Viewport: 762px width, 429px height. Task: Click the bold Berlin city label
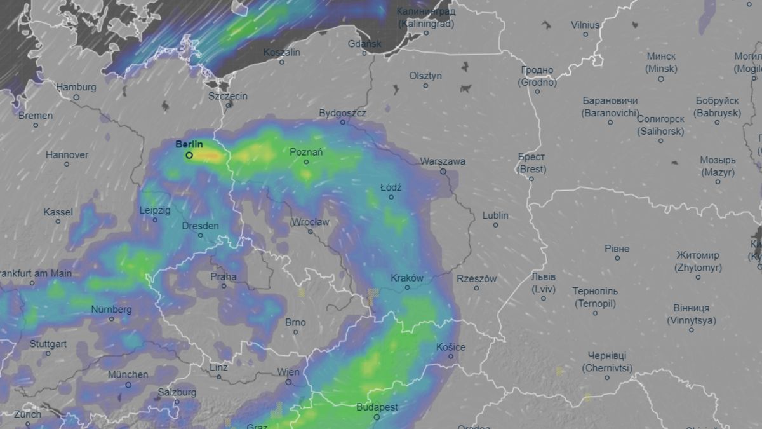[189, 144]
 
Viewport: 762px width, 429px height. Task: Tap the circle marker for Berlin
[189, 155]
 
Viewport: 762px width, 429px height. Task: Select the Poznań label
[306, 152]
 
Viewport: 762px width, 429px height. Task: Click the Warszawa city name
[443, 161]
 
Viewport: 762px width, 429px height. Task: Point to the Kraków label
[407, 278]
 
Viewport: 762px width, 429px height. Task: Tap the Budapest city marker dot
[377, 418]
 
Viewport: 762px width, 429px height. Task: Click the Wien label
[288, 372]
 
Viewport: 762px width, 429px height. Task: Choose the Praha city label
[224, 276]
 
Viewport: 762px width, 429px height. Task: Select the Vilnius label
[585, 25]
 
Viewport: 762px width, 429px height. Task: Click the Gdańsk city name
[364, 44]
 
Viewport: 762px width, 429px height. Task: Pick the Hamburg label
[76, 87]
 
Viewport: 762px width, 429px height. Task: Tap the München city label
[128, 374]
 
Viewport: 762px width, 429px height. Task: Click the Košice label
[451, 347]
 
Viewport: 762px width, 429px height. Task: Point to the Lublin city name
[495, 215]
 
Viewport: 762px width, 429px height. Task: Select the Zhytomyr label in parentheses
[698, 268]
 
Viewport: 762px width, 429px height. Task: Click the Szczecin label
[228, 96]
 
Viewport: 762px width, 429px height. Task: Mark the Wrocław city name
[310, 222]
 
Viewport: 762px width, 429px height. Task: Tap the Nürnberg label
[111, 310]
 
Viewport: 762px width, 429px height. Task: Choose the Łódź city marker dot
[391, 197]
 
